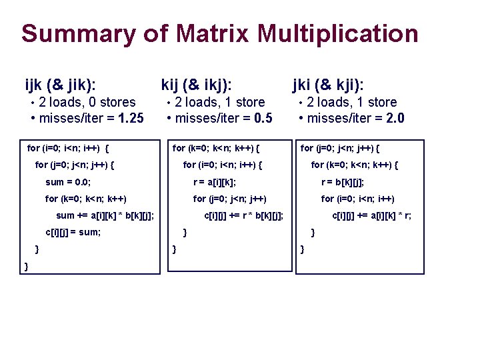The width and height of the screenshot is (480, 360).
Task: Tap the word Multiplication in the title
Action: click(337, 33)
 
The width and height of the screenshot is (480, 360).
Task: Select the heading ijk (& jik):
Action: click(60, 85)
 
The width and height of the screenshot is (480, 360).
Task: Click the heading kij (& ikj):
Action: click(197, 85)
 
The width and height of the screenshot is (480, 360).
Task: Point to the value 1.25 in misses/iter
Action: click(131, 119)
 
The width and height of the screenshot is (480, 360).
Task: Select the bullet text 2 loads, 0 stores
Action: click(87, 102)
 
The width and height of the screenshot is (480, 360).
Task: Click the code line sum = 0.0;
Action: click(68, 181)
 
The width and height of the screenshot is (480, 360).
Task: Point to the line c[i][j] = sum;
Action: click(73, 233)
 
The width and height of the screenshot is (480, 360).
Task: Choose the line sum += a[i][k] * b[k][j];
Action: click(105, 215)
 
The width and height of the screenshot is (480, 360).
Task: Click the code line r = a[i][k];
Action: click(215, 181)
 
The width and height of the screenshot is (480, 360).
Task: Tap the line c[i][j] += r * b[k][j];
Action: click(243, 215)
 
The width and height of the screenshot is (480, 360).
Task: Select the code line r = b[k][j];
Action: click(343, 181)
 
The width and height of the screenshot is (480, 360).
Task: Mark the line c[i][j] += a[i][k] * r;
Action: click(371, 215)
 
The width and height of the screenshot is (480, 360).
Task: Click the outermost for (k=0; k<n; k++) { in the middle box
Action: click(216, 147)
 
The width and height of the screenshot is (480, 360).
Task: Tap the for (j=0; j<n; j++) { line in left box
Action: click(74, 164)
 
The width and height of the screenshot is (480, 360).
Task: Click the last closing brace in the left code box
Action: click(26, 267)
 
